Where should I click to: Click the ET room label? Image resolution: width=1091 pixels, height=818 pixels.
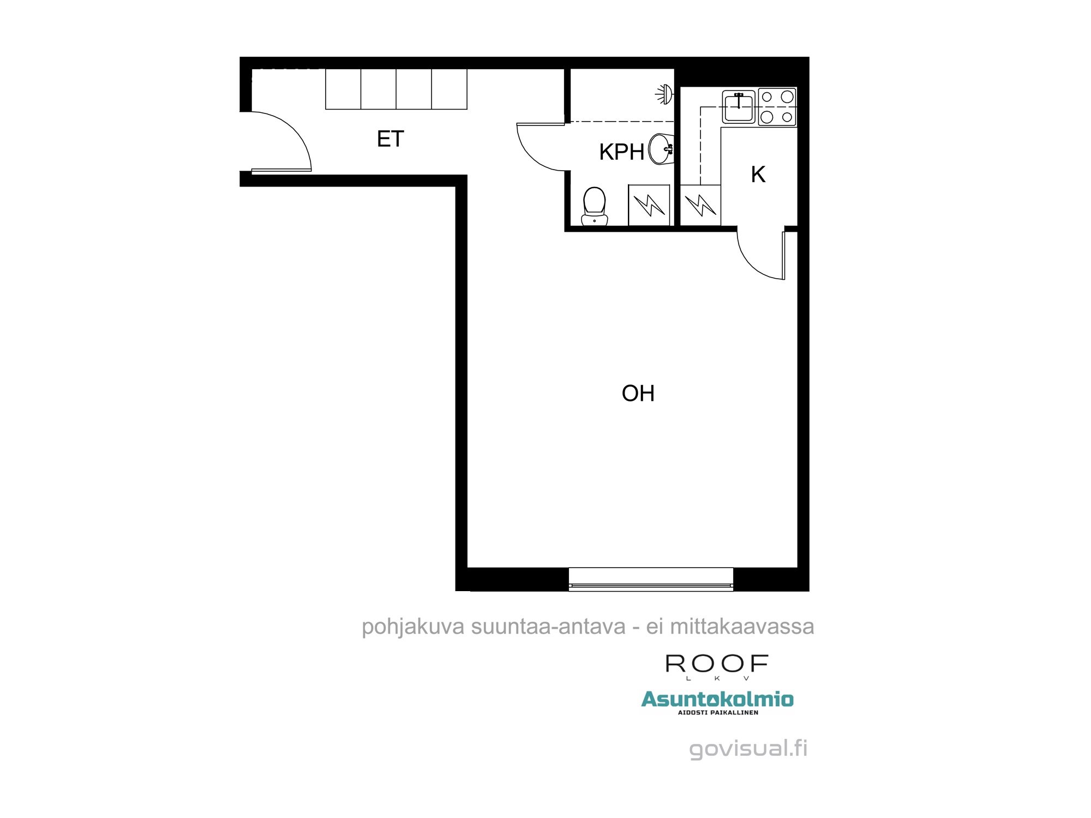coord(390,139)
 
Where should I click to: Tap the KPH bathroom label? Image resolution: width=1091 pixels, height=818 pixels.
coord(621,152)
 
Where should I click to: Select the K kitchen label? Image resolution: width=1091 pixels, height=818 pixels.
coord(758,175)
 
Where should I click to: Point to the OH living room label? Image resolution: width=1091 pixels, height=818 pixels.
coord(638,393)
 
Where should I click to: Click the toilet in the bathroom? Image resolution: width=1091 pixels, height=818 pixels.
coord(594,207)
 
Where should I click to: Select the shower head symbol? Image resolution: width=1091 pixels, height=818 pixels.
coord(664,94)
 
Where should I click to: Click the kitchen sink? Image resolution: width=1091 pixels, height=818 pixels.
coord(739,107)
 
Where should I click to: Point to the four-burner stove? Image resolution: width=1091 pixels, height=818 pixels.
coord(777,107)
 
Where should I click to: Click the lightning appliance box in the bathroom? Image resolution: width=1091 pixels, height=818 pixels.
coord(649,205)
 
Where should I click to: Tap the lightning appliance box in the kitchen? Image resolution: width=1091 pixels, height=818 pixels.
coord(700,205)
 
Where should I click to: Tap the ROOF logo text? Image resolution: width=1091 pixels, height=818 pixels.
coord(717,664)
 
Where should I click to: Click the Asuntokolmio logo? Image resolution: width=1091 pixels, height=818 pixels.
coord(717,701)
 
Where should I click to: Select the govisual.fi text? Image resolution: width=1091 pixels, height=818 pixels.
coord(748,748)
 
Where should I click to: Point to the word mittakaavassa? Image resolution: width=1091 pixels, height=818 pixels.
coord(742,627)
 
